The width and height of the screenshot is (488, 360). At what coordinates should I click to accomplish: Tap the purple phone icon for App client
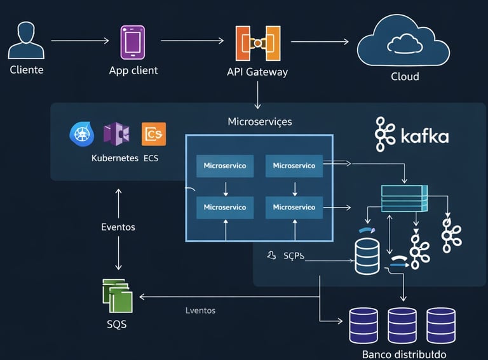pos(132,42)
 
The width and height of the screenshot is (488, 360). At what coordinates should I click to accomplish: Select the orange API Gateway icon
pos(257,43)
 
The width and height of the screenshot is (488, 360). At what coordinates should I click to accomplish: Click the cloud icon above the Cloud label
pos(404,42)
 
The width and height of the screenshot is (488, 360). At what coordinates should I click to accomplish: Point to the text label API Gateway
pos(257,72)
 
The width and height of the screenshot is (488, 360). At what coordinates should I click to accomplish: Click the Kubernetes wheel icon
pos(81,134)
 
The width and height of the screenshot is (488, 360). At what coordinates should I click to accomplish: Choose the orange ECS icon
pos(154,134)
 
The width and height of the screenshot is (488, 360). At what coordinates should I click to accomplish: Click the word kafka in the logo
pos(425,137)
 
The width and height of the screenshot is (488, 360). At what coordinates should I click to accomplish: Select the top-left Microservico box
pos(225,166)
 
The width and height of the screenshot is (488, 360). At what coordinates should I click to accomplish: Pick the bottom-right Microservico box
pos(294,207)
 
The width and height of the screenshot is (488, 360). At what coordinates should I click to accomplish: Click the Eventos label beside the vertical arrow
pos(118,227)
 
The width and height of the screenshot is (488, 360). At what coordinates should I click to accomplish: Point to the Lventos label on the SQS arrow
pos(200,310)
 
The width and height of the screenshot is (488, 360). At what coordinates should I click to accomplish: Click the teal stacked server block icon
pos(405,198)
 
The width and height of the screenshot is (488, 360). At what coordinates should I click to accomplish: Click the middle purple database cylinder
pos(402,324)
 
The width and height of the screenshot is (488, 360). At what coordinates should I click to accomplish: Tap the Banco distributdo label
pos(403,354)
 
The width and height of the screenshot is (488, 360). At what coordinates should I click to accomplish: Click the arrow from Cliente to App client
pos(79,41)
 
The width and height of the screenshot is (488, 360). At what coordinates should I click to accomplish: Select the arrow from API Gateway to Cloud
pos(320,42)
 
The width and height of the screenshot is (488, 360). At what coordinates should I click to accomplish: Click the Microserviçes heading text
pos(260,121)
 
